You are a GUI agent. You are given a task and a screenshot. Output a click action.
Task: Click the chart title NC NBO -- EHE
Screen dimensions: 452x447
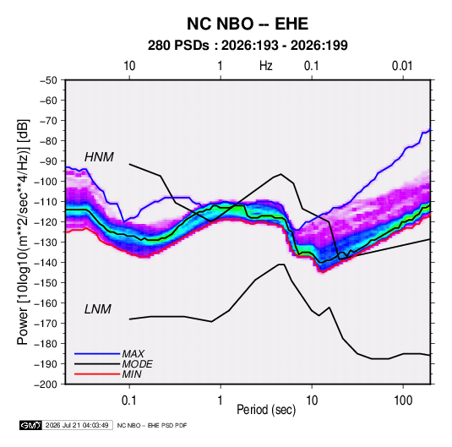(x=248, y=24)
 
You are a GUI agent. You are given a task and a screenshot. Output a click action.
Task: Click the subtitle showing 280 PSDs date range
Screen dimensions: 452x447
(x=248, y=46)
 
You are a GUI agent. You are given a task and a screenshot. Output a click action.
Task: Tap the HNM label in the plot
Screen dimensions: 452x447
(x=99, y=157)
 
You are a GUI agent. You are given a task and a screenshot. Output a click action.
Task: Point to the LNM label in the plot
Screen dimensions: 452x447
(x=98, y=309)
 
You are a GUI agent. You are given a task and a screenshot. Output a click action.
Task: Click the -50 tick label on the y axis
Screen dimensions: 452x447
(x=49, y=80)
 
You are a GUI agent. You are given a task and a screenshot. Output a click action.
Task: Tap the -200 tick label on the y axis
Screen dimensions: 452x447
(x=46, y=384)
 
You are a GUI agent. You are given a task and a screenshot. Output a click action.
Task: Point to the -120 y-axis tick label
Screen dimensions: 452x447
(x=46, y=222)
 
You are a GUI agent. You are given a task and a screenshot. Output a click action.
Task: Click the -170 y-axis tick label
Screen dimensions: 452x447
(x=46, y=324)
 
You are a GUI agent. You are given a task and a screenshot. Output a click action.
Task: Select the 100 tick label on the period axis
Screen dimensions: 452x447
(x=403, y=401)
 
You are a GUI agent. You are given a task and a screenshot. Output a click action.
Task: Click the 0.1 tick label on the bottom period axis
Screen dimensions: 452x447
(x=129, y=401)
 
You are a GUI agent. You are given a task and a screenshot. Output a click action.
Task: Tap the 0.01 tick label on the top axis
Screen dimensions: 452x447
(x=402, y=66)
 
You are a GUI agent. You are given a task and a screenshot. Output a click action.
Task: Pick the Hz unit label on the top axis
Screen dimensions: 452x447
(x=266, y=66)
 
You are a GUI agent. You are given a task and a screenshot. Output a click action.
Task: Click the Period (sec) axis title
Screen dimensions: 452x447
(x=266, y=410)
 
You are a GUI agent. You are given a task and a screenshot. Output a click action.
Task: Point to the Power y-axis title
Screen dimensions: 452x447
(x=23, y=232)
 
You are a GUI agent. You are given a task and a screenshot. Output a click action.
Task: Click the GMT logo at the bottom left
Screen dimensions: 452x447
(x=30, y=425)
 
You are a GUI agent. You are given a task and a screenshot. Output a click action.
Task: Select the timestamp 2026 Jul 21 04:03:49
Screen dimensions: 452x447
(x=77, y=425)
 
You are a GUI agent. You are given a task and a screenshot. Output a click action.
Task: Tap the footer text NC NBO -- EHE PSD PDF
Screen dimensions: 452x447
(x=152, y=425)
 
